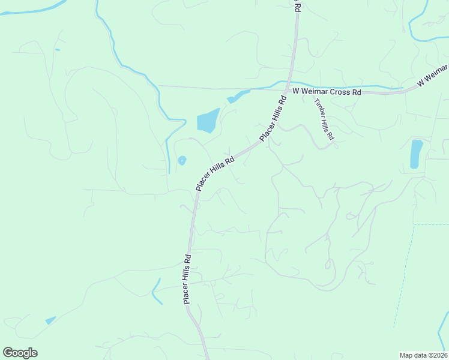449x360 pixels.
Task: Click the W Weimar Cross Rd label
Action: pyautogui.click(x=327, y=92)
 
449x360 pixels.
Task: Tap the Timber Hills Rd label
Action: pyautogui.click(x=322, y=119)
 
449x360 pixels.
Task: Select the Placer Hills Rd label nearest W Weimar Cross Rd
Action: pyautogui.click(x=274, y=117)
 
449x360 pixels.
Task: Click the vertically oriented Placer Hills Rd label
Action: pyautogui.click(x=187, y=279)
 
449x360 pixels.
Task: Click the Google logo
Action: pyautogui.click(x=20, y=353)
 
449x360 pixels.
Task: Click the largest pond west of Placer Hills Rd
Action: pyautogui.click(x=208, y=121)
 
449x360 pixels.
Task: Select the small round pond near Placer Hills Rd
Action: pyautogui.click(x=182, y=160)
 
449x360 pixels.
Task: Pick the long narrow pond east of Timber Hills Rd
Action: pyautogui.click(x=416, y=154)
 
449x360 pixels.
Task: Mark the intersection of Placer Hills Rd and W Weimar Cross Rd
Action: pyautogui.click(x=289, y=90)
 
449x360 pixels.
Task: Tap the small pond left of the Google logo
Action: pyautogui.click(x=50, y=320)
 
